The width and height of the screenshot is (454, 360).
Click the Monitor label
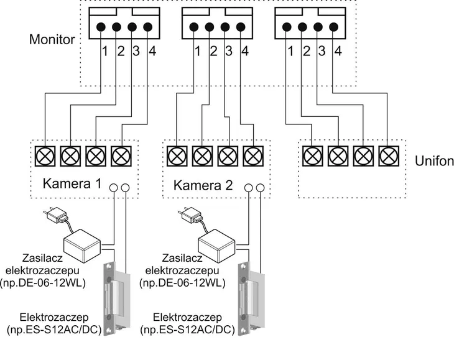[x=52, y=39]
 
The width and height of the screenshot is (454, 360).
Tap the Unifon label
[x=434, y=160]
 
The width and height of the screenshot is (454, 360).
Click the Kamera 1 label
[x=72, y=183]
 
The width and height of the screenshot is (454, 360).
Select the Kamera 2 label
[x=203, y=185]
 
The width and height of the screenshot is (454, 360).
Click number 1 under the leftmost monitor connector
[x=105, y=51]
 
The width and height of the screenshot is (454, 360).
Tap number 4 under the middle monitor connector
[x=245, y=51]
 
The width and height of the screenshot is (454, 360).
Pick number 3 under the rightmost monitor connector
[x=322, y=51]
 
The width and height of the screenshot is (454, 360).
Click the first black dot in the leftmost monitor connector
[x=101, y=27]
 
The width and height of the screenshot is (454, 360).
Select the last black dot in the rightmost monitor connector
[x=333, y=27]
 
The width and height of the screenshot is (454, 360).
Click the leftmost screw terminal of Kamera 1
[x=45, y=156]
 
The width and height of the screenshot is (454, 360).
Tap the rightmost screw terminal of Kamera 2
[x=253, y=156]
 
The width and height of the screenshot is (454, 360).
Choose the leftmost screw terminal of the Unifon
[x=312, y=156]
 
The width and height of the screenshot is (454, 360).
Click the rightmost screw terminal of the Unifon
[x=389, y=156]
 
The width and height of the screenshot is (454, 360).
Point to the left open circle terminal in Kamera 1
[x=113, y=188]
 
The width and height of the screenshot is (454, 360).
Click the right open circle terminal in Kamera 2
[x=261, y=188]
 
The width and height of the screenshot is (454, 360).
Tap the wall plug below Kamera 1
[x=55, y=215]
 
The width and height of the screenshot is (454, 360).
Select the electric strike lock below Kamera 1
[x=117, y=298]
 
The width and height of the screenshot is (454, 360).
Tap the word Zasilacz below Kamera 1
[x=42, y=257]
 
